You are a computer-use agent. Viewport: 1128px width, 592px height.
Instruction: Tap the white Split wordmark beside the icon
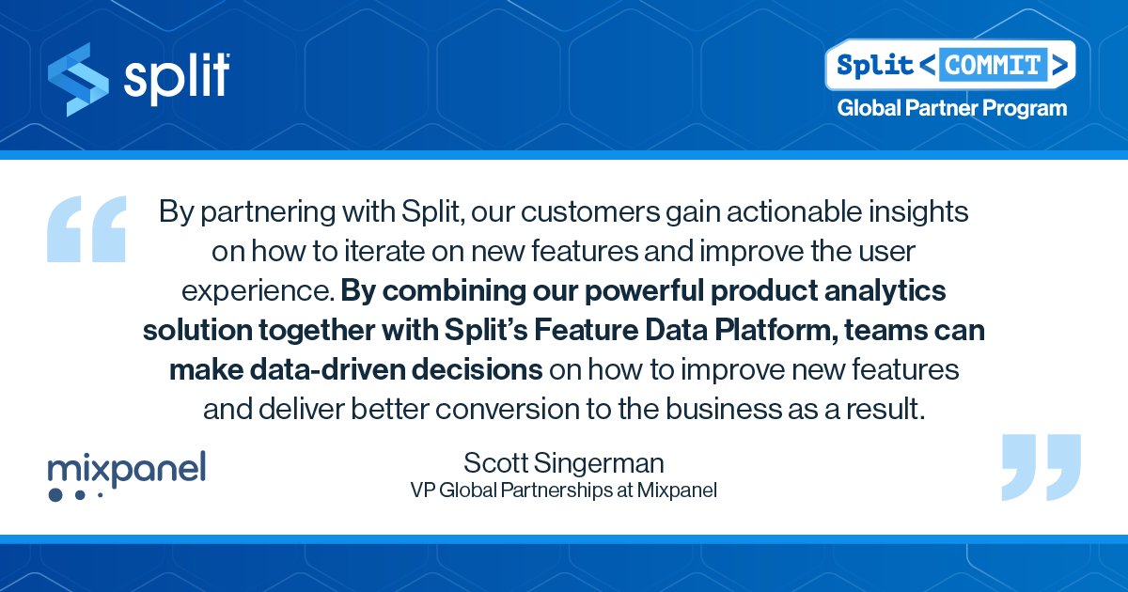(x=177, y=76)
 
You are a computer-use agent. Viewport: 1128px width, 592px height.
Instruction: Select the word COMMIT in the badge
(x=995, y=65)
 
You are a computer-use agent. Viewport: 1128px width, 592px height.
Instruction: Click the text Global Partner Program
(x=952, y=108)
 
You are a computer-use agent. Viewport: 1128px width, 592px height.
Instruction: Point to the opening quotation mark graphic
(x=86, y=227)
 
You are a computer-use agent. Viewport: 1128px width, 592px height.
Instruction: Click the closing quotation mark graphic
(x=1042, y=467)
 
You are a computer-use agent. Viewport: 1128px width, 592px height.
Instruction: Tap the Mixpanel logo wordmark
(x=126, y=468)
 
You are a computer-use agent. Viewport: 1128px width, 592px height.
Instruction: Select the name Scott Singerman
(x=563, y=463)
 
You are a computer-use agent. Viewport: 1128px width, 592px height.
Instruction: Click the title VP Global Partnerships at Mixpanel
(x=563, y=490)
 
